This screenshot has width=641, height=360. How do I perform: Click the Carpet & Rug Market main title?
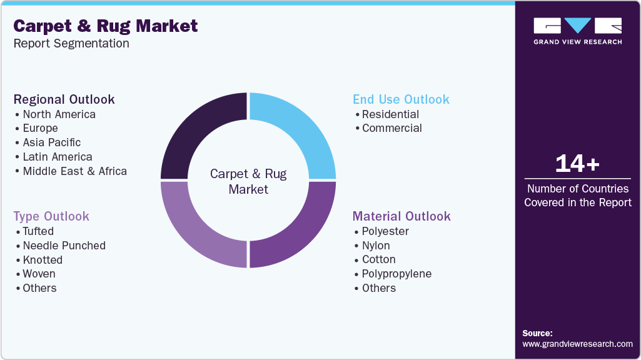click(106, 26)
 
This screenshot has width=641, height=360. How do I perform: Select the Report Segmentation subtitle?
click(71, 44)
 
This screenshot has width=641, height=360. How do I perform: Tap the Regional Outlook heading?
click(64, 99)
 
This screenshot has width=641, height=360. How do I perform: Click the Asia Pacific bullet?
click(51, 142)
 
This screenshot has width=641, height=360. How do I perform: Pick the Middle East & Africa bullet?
click(74, 171)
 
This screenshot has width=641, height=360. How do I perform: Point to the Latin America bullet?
click(57, 157)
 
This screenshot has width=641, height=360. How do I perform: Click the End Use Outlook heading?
click(401, 99)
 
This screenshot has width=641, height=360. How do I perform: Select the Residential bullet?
click(390, 114)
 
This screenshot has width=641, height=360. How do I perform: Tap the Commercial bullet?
click(391, 128)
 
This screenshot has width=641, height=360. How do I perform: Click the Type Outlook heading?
click(51, 216)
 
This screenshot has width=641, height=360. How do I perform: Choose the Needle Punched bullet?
click(64, 246)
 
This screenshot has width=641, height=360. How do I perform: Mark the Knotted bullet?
click(43, 260)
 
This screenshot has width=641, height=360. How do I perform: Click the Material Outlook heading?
click(401, 216)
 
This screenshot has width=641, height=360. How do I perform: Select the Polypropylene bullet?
click(396, 274)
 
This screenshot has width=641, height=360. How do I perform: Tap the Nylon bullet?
click(375, 246)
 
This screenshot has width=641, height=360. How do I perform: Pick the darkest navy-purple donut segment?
click(198, 131)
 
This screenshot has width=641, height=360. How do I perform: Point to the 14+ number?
click(577, 164)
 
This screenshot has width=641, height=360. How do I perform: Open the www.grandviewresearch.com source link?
click(577, 344)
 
